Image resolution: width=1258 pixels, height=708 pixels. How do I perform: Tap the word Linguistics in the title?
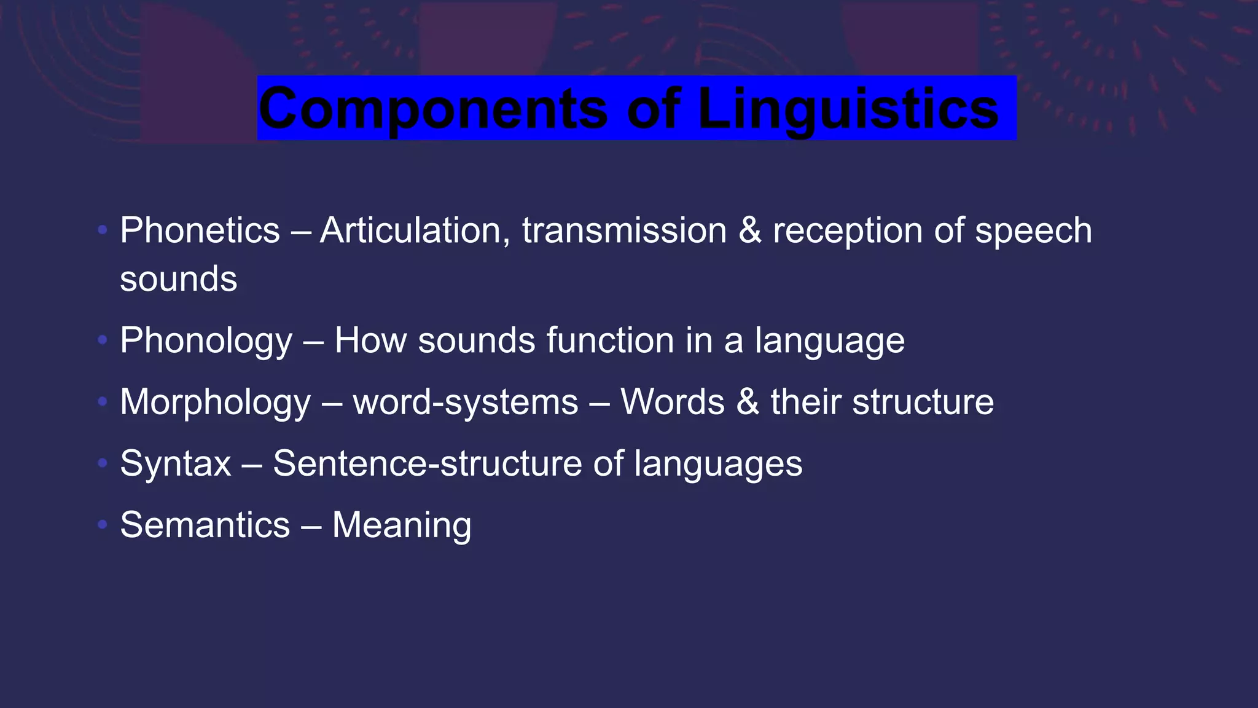click(x=848, y=108)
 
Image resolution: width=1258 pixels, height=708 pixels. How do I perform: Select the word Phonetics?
click(x=200, y=230)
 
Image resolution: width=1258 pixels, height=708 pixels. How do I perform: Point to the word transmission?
click(x=624, y=230)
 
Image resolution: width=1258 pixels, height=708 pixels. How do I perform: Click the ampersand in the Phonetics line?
click(x=750, y=230)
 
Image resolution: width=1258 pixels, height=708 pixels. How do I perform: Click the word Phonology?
click(x=206, y=341)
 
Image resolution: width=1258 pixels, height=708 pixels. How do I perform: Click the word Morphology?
click(x=215, y=403)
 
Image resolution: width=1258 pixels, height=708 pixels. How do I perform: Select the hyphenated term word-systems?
click(x=465, y=403)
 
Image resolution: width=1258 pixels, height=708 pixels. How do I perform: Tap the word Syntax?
click(x=176, y=464)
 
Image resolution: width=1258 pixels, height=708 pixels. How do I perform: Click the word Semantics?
click(x=205, y=525)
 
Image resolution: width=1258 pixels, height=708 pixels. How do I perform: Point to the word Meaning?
click(x=402, y=526)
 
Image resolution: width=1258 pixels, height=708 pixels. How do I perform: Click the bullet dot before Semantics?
click(x=103, y=524)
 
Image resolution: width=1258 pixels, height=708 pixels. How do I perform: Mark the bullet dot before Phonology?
click(x=103, y=339)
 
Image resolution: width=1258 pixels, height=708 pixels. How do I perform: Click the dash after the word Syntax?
click(x=252, y=465)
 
